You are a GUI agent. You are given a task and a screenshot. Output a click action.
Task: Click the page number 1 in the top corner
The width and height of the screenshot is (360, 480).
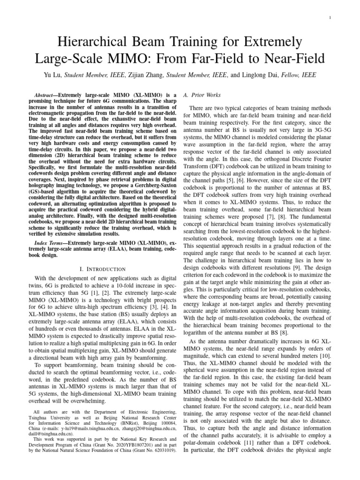pyautogui.click(x=331, y=18)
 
